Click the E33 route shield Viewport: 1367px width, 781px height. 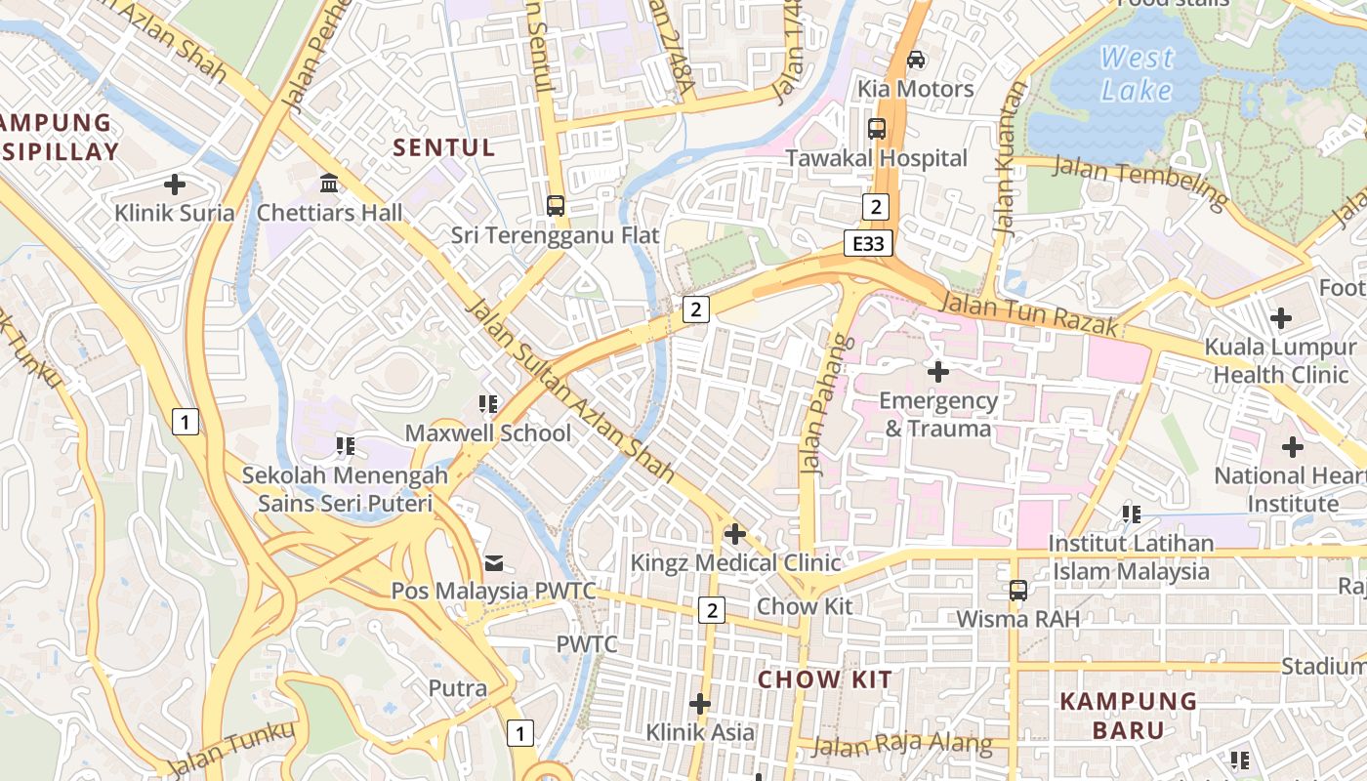[x=868, y=243]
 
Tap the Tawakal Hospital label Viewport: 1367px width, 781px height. [x=876, y=158]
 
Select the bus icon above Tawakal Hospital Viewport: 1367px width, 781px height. [x=877, y=128]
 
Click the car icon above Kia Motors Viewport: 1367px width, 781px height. [x=916, y=60]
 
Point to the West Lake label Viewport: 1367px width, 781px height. [x=1137, y=74]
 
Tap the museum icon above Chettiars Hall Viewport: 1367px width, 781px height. [x=329, y=183]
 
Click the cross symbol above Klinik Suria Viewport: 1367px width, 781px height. [x=175, y=184]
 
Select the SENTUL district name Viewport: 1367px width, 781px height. [x=444, y=148]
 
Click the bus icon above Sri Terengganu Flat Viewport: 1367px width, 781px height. [x=556, y=205]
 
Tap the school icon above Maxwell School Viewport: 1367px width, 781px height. [x=488, y=403]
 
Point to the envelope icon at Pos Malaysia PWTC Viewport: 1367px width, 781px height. [x=494, y=562]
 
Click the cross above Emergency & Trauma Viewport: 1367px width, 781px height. [x=938, y=371]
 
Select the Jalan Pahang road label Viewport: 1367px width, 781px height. [x=825, y=405]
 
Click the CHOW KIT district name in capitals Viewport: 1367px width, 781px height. [x=825, y=679]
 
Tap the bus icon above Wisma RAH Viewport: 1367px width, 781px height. [x=1018, y=590]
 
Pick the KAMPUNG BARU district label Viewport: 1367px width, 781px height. [x=1128, y=716]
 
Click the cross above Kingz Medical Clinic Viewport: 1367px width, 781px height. [x=735, y=534]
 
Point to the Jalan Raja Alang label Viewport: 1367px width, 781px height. [x=901, y=745]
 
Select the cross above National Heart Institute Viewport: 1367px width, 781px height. [x=1293, y=447]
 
